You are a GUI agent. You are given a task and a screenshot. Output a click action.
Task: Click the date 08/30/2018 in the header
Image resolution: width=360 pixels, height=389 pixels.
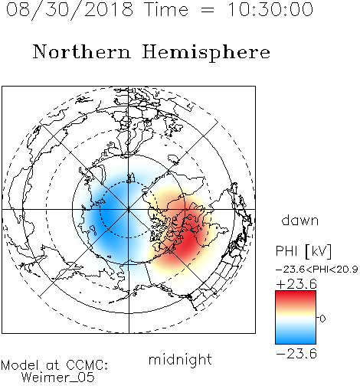click(70, 9)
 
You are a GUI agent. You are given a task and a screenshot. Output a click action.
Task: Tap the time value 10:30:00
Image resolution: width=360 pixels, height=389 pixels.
click(270, 9)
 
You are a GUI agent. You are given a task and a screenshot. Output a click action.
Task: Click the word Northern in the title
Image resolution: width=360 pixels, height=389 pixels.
click(82, 52)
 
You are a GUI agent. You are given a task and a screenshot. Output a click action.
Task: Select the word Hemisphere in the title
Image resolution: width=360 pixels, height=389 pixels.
click(206, 53)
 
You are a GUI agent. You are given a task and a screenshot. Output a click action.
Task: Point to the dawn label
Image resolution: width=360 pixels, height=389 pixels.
click(300, 220)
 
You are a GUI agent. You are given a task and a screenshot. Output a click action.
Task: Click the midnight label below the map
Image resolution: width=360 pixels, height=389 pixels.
click(180, 359)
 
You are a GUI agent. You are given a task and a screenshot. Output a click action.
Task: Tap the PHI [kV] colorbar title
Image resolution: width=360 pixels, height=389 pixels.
click(303, 251)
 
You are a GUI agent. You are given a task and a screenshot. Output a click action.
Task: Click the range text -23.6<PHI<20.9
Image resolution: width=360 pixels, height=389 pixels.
click(317, 270)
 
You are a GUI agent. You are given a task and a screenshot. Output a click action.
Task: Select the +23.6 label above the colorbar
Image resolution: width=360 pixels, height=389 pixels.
click(296, 284)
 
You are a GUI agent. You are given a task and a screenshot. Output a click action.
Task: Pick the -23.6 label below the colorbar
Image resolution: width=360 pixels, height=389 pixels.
click(296, 354)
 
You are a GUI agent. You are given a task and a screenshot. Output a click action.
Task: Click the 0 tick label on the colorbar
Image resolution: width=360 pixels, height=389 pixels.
click(322, 319)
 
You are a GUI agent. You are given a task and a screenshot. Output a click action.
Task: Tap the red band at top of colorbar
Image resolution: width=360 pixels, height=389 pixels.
click(296, 296)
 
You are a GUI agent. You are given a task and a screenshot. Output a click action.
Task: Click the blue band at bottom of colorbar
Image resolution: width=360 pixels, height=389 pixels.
click(296, 338)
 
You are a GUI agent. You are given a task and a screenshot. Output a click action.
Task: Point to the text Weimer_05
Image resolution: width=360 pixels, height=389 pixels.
click(58, 378)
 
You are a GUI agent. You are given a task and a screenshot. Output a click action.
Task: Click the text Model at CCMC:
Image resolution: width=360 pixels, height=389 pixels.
click(54, 365)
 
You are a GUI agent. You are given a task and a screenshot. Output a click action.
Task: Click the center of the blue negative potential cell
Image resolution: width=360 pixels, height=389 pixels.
click(110, 213)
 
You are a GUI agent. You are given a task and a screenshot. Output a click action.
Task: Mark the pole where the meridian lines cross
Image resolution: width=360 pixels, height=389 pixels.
click(129, 209)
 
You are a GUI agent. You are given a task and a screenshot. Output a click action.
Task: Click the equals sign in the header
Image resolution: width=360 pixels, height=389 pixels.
click(208, 10)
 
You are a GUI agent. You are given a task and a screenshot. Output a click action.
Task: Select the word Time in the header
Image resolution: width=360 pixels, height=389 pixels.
click(166, 9)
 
